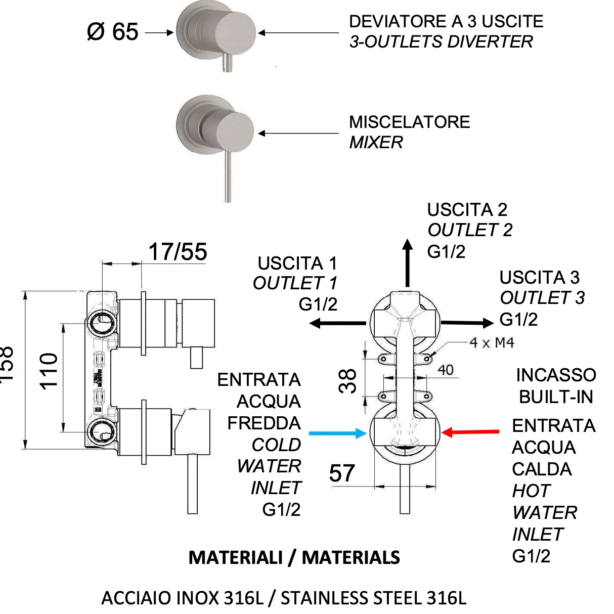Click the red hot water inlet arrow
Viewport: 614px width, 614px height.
pyautogui.click(x=470, y=432)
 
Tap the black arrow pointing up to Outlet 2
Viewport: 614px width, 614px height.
pyautogui.click(x=407, y=263)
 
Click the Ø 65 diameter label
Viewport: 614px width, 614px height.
pyautogui.click(x=112, y=32)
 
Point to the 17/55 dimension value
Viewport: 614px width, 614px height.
pyautogui.click(x=178, y=252)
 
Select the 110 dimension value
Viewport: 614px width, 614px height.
pyautogui.click(x=49, y=371)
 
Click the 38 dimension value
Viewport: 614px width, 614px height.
pyautogui.click(x=348, y=381)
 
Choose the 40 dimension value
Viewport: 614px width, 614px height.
pyautogui.click(x=446, y=370)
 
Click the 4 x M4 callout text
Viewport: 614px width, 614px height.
pyautogui.click(x=492, y=343)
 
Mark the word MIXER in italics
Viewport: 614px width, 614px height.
pyautogui.click(x=376, y=143)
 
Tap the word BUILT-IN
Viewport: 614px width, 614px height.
pyautogui.click(x=556, y=397)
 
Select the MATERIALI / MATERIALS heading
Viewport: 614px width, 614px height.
pyautogui.click(x=294, y=557)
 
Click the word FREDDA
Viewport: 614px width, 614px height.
pyautogui.click(x=264, y=423)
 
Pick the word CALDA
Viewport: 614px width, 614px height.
pyautogui.click(x=542, y=469)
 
